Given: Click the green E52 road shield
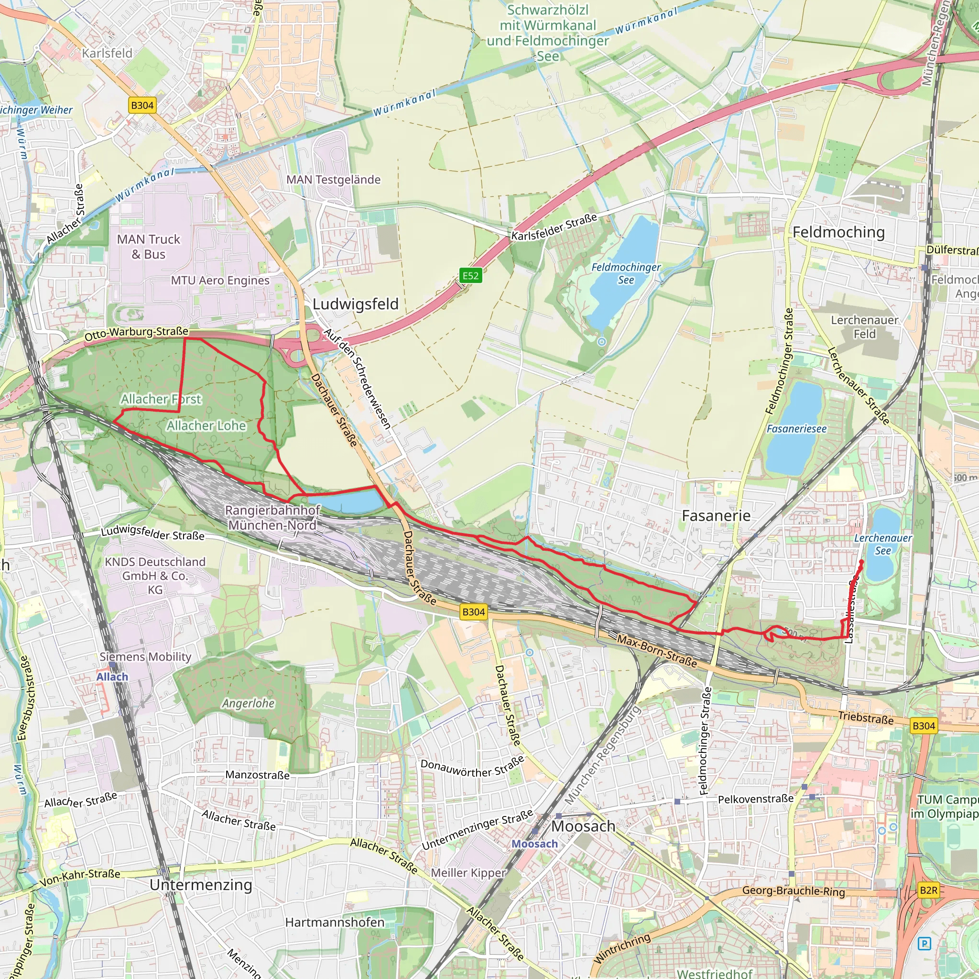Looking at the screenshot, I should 470,276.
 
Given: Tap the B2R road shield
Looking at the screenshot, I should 928,890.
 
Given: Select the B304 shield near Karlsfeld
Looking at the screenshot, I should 142,105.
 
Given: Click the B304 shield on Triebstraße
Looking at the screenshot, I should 923,726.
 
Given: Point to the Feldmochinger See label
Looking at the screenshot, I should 626,273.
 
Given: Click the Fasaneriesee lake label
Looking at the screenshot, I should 796,429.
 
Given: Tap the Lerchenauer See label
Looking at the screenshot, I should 883,544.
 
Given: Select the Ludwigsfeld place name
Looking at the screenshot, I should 355,304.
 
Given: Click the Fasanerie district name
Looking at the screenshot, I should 716,516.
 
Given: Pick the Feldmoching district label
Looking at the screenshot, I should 838,232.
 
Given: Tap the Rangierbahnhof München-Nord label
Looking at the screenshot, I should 272,517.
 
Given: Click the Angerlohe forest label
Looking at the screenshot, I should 248,703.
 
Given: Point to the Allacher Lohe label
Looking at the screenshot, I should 206,425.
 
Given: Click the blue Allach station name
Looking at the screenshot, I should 112,677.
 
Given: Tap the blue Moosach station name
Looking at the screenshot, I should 534,844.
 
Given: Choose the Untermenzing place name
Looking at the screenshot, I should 201,885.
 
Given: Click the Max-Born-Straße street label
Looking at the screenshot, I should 657,651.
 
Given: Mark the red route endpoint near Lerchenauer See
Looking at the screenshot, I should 861,562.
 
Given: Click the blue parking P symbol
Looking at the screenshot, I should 925,944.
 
